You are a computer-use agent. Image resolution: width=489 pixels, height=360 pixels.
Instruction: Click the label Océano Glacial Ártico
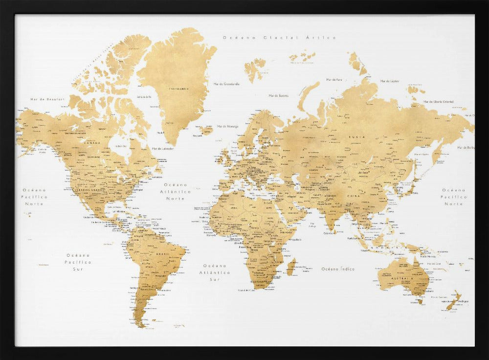click(279, 37)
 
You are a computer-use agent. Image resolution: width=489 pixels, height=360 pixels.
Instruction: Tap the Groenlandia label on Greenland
click(178, 89)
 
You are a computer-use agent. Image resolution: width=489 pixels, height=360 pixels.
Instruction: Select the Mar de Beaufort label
click(47, 99)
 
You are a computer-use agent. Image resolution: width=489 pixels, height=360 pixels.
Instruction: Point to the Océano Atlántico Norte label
click(175, 192)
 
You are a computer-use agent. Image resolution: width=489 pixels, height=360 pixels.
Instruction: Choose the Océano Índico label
click(338, 269)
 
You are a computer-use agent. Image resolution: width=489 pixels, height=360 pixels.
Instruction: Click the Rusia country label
click(356, 137)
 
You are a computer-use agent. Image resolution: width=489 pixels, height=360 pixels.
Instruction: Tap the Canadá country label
click(92, 143)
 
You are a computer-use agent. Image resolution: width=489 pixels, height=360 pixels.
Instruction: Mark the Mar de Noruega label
click(227, 126)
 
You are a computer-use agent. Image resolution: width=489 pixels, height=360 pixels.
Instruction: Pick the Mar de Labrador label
click(163, 148)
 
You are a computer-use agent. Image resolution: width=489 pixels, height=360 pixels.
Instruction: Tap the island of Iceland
click(205, 130)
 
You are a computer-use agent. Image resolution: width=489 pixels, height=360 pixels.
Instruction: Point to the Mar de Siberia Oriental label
click(439, 102)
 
